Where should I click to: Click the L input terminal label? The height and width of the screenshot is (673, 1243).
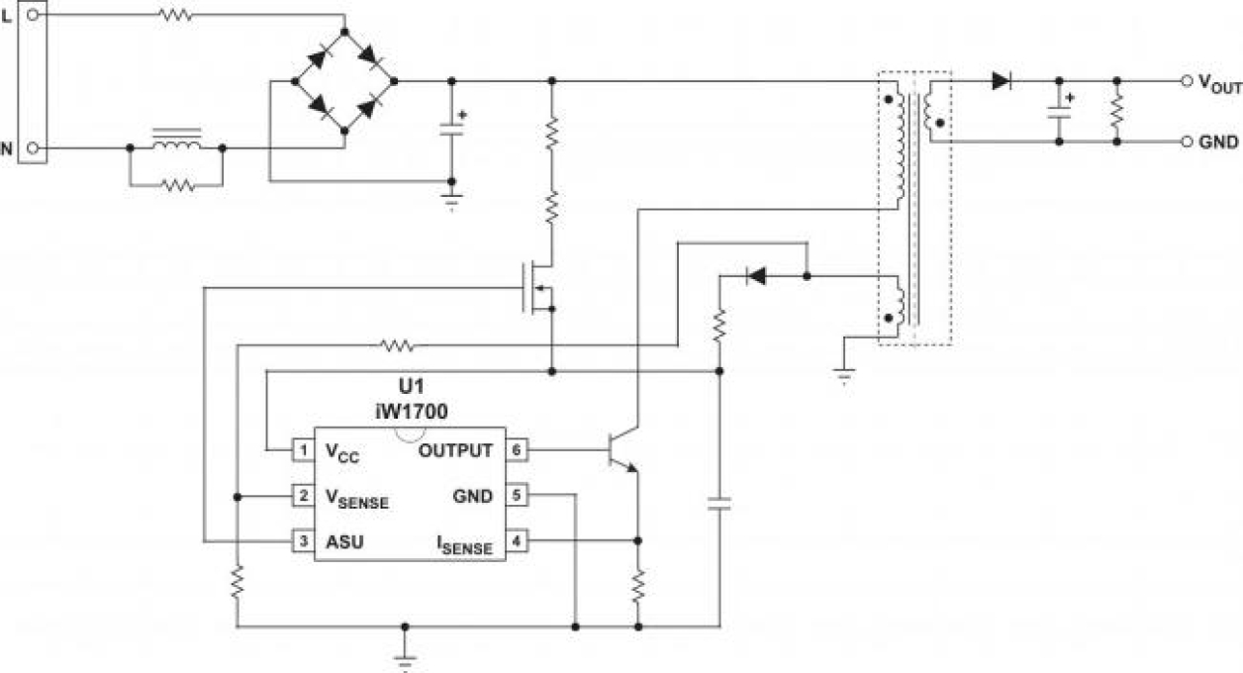(x=8, y=16)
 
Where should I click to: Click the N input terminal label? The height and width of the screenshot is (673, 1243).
(x=8, y=149)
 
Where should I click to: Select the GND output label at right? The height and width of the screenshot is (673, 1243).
(x=1219, y=142)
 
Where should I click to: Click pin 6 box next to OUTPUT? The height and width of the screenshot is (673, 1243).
(x=518, y=451)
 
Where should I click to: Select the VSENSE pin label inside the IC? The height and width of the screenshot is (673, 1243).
(x=357, y=498)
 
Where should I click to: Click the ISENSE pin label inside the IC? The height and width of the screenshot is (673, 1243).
(x=464, y=543)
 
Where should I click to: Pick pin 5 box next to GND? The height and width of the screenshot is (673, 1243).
(x=518, y=496)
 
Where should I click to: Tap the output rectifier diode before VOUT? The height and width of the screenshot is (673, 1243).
(x=1002, y=81)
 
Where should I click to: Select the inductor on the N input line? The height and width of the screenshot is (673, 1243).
(x=175, y=144)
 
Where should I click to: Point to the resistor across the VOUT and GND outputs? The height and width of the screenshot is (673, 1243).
(x=1117, y=111)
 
